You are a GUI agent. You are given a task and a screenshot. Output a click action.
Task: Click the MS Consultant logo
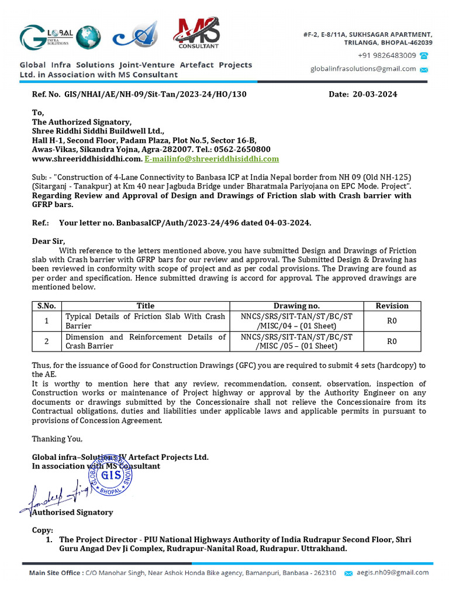(199, 33)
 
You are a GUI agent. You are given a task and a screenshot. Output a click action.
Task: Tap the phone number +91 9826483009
(387, 56)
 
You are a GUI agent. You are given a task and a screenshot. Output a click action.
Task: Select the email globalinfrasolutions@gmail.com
(363, 69)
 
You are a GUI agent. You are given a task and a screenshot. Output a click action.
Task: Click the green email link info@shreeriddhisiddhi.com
(212, 159)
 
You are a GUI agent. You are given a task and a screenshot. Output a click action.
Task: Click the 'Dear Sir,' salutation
(49, 241)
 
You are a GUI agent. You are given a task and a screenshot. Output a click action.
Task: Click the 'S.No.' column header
(46, 305)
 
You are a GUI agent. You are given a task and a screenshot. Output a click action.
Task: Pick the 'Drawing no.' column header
(296, 305)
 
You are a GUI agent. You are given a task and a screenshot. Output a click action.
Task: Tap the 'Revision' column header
(392, 305)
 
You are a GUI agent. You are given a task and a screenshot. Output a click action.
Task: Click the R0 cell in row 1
(392, 321)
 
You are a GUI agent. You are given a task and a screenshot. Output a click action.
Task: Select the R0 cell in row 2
(392, 342)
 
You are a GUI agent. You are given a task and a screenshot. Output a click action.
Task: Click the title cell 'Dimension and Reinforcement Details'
(145, 341)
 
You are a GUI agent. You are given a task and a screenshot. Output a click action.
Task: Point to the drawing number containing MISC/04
(296, 321)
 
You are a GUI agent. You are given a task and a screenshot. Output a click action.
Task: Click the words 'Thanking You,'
(57, 439)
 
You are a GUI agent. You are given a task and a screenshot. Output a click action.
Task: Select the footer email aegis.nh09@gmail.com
(393, 573)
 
